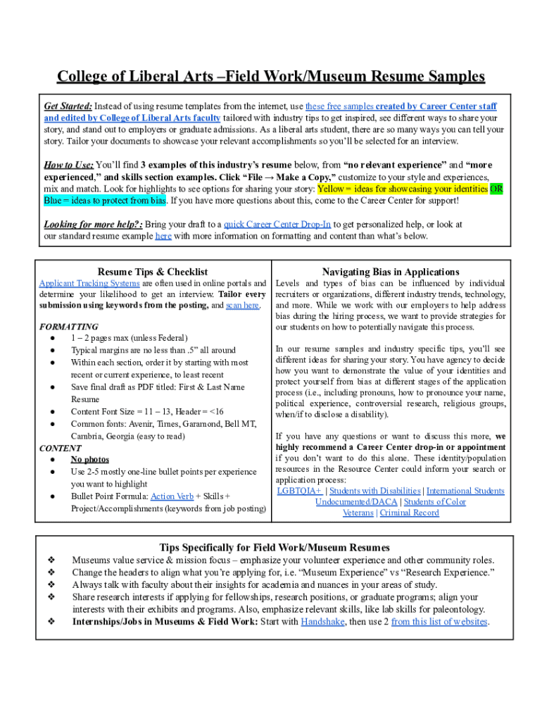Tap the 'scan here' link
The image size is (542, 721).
pyautogui.click(x=243, y=306)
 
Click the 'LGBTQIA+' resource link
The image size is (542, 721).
pyautogui.click(x=299, y=491)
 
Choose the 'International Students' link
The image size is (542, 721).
pyautogui.click(x=465, y=491)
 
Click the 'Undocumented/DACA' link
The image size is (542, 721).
pyautogui.click(x=356, y=502)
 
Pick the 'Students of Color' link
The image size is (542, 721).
pyautogui.click(x=435, y=502)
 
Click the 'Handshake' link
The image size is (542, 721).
pyautogui.click(x=322, y=622)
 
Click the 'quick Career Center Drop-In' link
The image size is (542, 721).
pyautogui.click(x=277, y=224)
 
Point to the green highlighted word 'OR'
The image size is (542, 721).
pyautogui.click(x=496, y=189)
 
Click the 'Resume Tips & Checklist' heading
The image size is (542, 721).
pyautogui.click(x=153, y=272)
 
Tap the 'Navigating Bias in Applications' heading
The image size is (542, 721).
pyautogui.click(x=391, y=272)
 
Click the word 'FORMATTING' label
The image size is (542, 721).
pyautogui.click(x=69, y=327)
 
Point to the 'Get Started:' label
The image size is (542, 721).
pyautogui.click(x=68, y=106)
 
